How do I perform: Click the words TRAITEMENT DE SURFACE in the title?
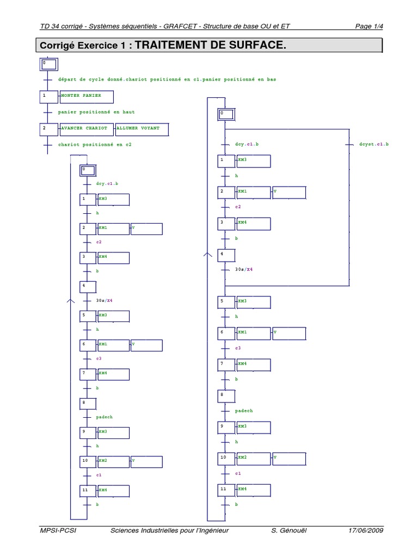[210, 45]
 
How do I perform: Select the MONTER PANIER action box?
[88, 97]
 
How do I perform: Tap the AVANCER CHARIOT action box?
[87, 129]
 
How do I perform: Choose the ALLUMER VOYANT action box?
[142, 129]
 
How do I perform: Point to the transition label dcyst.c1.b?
[374, 145]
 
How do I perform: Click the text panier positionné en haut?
[96, 112]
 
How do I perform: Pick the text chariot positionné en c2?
[95, 145]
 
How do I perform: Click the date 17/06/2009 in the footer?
[366, 530]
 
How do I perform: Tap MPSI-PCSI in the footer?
[58, 530]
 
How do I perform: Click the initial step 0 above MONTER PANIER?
[48, 65]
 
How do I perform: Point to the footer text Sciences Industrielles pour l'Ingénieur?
[169, 530]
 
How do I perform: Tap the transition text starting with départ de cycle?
[167, 79]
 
